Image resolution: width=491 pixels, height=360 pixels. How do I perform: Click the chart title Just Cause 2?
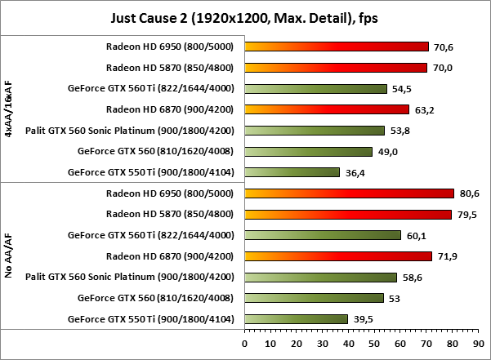245,16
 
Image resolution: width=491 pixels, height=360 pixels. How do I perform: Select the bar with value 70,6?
336,47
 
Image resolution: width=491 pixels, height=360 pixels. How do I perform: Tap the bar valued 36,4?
292,172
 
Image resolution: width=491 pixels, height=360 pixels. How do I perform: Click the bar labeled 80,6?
349,193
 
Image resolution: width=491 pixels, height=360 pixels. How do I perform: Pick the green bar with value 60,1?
323,235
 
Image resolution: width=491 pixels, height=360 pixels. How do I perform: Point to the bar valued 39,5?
296,319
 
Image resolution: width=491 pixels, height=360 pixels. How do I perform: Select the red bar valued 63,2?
326,109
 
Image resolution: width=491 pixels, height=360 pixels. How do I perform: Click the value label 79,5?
468,215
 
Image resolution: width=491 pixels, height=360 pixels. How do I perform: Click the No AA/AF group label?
9,256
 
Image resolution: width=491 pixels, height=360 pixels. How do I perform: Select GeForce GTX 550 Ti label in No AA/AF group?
150,319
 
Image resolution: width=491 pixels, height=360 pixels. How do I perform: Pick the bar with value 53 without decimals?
314,298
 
